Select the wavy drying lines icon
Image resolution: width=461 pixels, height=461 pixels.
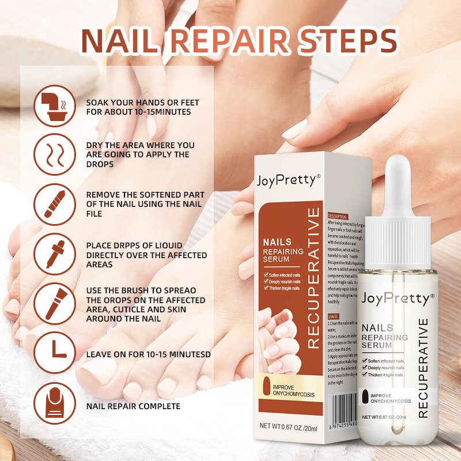tap(55, 154)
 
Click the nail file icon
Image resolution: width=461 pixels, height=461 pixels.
tap(55, 205)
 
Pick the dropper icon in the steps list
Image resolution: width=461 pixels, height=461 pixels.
tap(55, 254)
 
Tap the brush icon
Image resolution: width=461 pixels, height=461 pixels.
tap(55, 304)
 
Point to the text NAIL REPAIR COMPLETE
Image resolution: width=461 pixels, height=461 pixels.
tap(133, 406)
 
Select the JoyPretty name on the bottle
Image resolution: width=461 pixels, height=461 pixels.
tap(395, 299)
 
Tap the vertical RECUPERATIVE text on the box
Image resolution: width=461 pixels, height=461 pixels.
tap(313, 278)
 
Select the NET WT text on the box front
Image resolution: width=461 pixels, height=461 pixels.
tap(288, 426)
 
